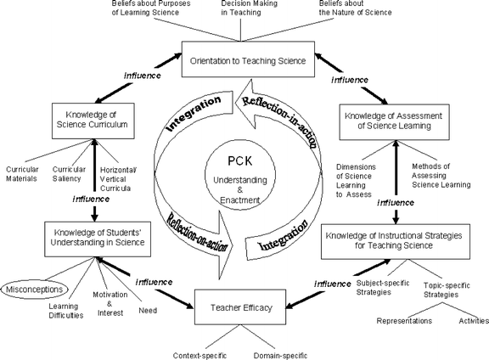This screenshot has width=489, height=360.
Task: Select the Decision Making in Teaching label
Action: [x=250, y=9]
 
